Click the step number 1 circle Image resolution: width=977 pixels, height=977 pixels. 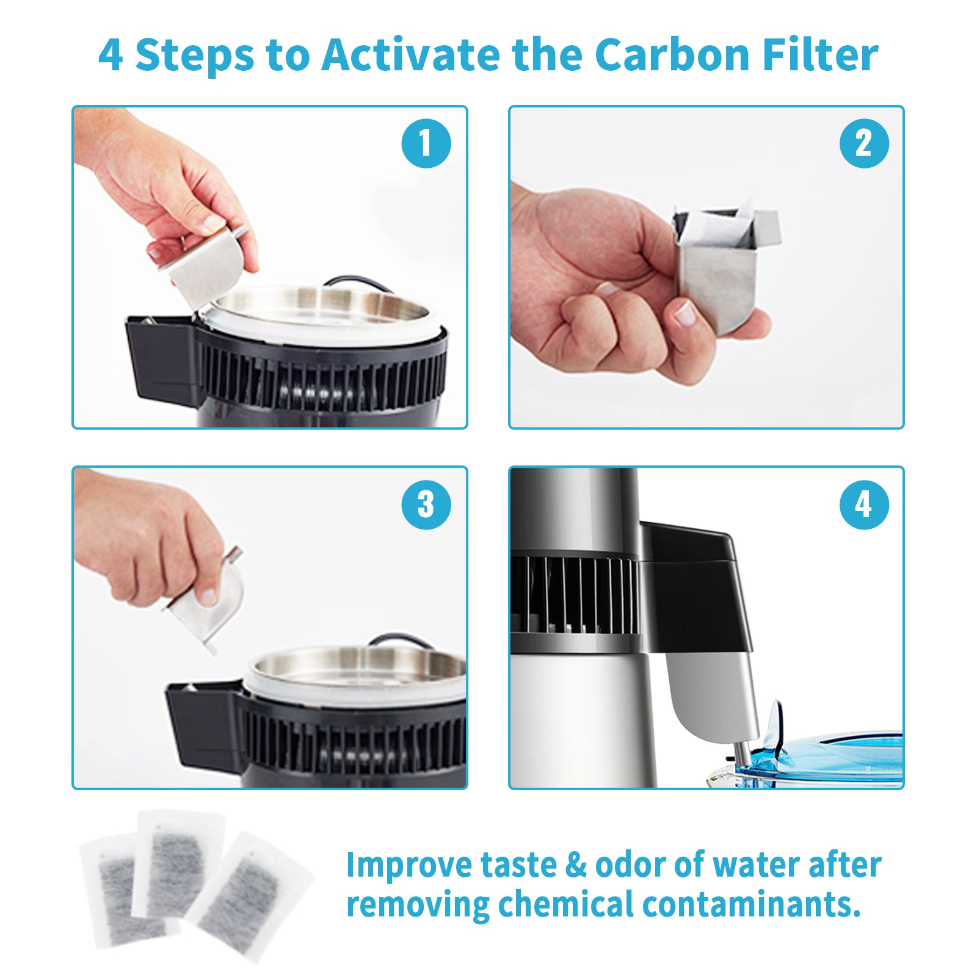tap(426, 143)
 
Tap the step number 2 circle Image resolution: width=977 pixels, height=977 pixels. tap(863, 143)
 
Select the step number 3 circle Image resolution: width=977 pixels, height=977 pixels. tap(426, 504)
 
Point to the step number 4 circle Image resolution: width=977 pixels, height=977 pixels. tap(863, 504)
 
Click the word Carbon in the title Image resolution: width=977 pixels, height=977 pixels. tap(672, 55)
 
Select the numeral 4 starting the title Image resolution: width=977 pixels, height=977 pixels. tap(111, 55)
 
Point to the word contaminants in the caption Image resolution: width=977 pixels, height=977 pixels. tap(751, 904)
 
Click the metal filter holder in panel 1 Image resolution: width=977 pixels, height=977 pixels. tap(205, 269)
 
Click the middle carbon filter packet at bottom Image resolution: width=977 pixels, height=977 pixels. tap(177, 861)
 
